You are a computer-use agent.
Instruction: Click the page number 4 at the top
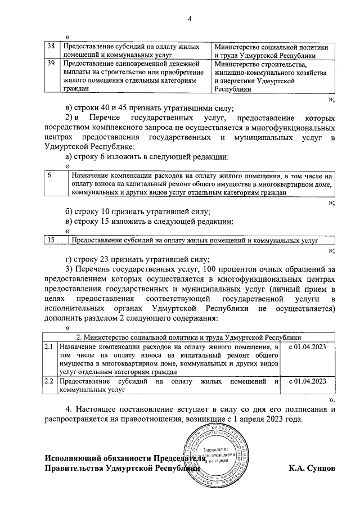point(190,20)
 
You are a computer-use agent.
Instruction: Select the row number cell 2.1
point(49,349)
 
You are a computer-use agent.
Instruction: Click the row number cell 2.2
point(49,381)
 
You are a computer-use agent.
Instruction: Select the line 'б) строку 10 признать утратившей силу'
point(138,212)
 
